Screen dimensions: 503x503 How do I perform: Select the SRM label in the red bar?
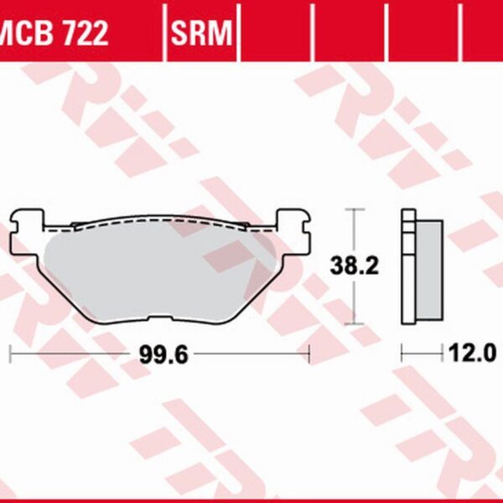(202, 34)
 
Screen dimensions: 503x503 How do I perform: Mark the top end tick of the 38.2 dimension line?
(356, 209)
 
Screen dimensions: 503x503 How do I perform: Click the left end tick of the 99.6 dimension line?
(10, 353)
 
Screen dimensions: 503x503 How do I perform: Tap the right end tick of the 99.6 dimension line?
(310, 353)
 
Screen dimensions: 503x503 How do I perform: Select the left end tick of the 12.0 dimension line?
(402, 353)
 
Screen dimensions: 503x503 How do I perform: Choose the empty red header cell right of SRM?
(275, 34)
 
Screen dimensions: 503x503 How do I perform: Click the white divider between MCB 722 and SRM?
(164, 34)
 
